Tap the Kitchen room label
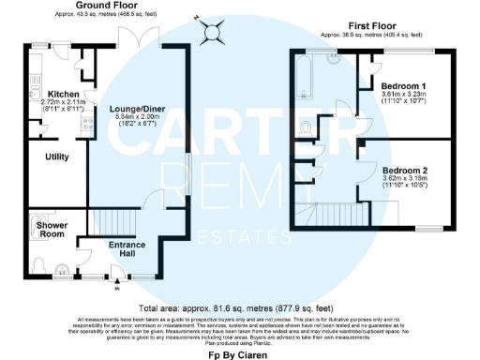tap(38, 95)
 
